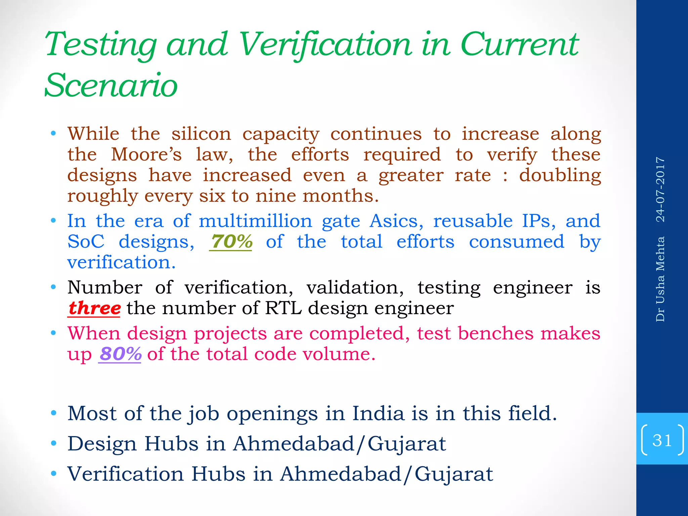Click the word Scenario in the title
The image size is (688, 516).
point(111,85)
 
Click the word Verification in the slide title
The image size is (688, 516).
point(325,45)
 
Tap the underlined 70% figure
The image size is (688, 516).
point(231,242)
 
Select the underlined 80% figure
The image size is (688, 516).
point(120,354)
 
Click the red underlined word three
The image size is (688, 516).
point(94,308)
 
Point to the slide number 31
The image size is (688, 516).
point(662,440)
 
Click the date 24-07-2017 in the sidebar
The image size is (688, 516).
point(660,189)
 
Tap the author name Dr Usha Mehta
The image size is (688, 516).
point(660,279)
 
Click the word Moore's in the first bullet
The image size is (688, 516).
point(146,155)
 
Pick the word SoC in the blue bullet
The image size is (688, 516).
point(86,242)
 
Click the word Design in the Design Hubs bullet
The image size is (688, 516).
point(102,444)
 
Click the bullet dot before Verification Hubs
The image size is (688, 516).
point(53,474)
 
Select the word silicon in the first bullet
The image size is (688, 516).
point(201,134)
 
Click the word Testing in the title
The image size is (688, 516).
point(101,45)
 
